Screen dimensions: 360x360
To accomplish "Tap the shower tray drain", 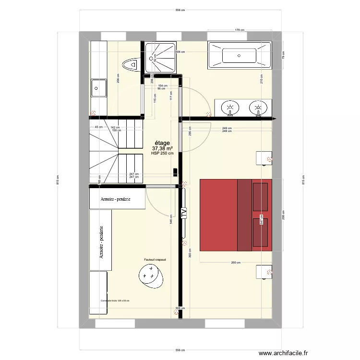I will tap(154, 58).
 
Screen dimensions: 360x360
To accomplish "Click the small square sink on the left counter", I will tap(98, 88).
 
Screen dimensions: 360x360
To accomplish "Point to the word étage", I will tap(162, 143).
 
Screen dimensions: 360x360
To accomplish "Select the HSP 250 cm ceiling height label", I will tap(162, 153).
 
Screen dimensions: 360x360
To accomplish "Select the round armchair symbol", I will tap(151, 275).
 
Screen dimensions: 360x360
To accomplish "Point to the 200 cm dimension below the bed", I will tap(236, 263).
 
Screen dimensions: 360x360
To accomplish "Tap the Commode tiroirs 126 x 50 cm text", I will tap(115, 301).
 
